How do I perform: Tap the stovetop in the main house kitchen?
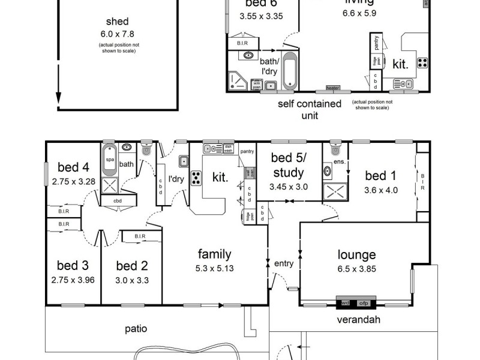(x=196, y=178)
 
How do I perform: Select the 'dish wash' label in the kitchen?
(x=228, y=149)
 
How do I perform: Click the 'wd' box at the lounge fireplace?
(x=346, y=303)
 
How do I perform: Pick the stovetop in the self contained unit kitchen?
(x=422, y=62)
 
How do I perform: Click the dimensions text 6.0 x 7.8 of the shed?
(x=117, y=35)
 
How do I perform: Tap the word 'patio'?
(x=136, y=329)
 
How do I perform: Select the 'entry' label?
(x=284, y=263)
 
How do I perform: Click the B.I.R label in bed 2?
(x=141, y=236)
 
